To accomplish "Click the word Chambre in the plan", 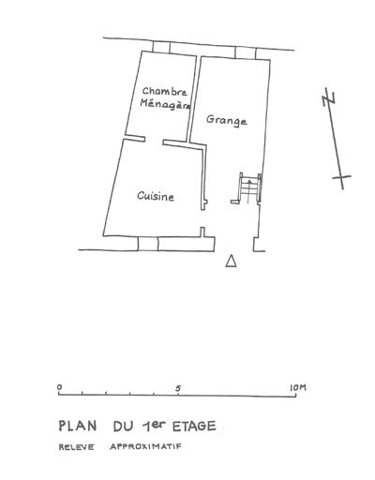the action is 165,91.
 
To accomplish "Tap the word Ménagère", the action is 165,104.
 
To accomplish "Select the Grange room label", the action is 227,120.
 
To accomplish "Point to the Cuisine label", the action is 156,196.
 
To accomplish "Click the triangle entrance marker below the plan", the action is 231,262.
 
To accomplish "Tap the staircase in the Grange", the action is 249,188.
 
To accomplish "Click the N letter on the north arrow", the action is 329,97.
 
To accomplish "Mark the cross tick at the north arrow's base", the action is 341,177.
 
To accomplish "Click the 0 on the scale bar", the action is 59,387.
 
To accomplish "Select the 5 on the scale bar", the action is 178,388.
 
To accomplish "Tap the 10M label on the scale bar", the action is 298,388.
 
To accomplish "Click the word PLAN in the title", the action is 78,427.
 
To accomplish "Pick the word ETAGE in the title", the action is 194,427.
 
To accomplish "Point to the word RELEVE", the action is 76,447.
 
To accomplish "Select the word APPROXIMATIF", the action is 145,446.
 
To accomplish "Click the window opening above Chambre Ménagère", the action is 161,47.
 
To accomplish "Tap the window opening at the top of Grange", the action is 246,52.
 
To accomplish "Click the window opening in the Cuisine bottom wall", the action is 148,244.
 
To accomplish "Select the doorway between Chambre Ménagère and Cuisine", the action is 154,141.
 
